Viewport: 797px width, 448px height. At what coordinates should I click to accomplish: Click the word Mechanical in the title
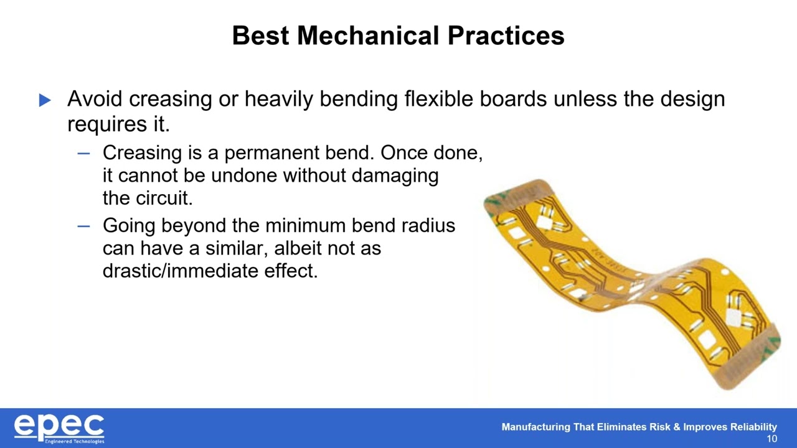click(369, 35)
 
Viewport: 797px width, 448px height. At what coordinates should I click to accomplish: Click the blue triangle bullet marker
click(45, 100)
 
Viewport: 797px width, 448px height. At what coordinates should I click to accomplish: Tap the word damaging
click(395, 175)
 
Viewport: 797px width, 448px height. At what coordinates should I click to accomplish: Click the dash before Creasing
click(83, 153)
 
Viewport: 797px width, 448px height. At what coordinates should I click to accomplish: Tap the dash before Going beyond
click(83, 225)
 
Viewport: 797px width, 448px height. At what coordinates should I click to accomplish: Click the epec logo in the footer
click(59, 428)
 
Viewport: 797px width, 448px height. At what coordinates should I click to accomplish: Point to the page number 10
click(771, 439)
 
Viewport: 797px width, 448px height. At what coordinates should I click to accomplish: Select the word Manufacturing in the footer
click(535, 427)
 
